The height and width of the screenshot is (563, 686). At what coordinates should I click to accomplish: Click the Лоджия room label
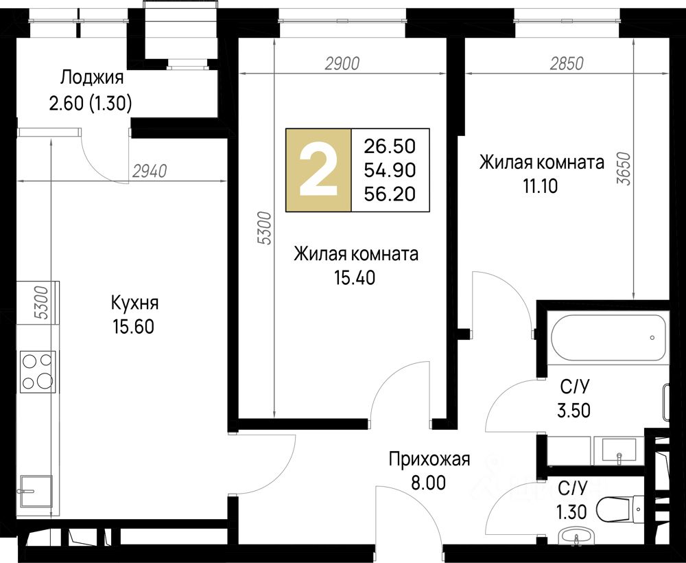pos(92,78)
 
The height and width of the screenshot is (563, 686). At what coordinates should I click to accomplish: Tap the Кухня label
pos(134,303)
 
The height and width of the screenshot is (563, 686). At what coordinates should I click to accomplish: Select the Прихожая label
pos(429,460)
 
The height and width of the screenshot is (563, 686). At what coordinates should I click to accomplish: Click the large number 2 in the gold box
pos(318,171)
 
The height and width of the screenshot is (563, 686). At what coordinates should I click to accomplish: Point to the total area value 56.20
pos(390,194)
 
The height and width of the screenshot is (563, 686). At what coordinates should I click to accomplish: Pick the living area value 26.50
pos(390,147)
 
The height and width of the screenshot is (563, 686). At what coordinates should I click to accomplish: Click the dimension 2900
pos(342,64)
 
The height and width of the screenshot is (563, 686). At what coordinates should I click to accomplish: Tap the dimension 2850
pos(567,64)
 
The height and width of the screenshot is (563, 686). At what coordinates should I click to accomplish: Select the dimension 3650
pos(626,168)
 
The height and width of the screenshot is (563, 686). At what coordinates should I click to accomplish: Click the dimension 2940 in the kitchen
pos(150,171)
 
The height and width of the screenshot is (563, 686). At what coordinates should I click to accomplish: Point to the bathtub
pos(608,338)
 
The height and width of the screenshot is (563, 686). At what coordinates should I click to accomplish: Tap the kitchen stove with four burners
pos(38,371)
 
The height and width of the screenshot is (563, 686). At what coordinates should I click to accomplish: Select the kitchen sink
pos(35,491)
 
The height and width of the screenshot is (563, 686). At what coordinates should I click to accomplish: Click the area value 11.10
pos(541,187)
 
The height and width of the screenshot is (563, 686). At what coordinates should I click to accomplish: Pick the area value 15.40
pos(355,277)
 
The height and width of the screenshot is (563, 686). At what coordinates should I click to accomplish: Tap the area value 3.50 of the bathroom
pos(573,411)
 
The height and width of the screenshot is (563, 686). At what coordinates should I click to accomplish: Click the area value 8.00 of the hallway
pos(428,483)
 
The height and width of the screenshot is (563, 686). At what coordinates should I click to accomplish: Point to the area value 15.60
pos(134,327)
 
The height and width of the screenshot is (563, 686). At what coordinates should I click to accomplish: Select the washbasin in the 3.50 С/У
pos(619,449)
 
